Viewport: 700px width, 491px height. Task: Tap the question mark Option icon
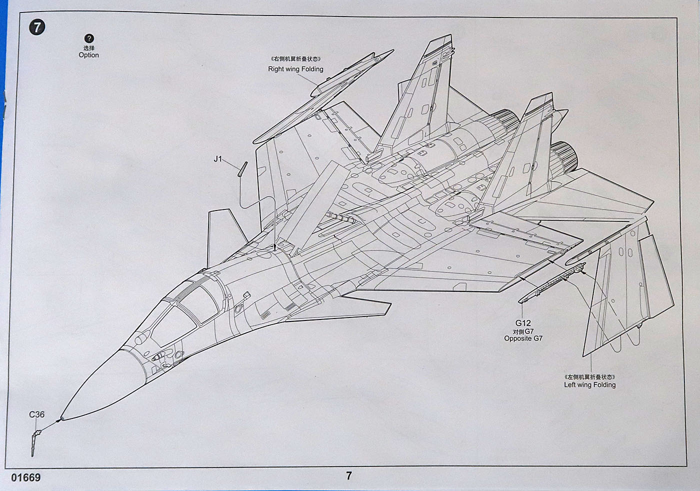click(x=88, y=38)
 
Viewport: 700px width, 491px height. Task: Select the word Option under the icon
click(x=88, y=55)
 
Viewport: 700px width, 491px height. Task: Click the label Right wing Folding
click(x=295, y=69)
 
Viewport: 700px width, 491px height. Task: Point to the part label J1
click(x=217, y=159)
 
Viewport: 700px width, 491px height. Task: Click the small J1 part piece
click(x=242, y=168)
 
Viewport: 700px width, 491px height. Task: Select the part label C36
click(x=36, y=414)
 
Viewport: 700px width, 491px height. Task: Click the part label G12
click(x=523, y=323)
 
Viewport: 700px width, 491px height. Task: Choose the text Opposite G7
click(x=523, y=338)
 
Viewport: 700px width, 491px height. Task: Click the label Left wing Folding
click(x=589, y=384)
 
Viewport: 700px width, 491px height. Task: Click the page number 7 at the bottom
click(x=349, y=475)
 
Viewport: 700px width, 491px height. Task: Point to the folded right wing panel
click(x=320, y=100)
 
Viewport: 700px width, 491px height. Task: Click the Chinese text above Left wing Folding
click(x=589, y=376)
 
